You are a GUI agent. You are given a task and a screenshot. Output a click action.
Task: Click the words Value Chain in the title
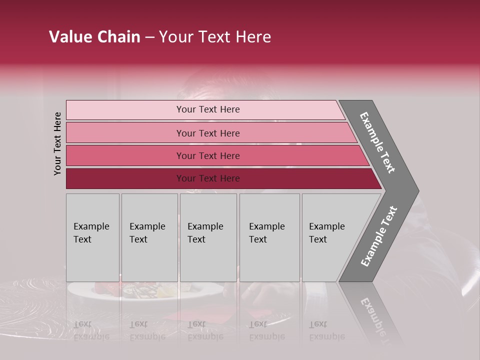pyautogui.click(x=94, y=37)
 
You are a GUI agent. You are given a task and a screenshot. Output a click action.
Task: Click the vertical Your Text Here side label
pyautogui.click(x=57, y=143)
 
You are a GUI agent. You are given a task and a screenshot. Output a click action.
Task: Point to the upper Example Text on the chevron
pyautogui.click(x=377, y=142)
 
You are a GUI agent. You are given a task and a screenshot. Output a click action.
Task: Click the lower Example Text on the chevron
pyautogui.click(x=379, y=236)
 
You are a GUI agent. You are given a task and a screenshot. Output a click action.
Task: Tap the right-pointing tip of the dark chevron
pyautogui.click(x=414, y=191)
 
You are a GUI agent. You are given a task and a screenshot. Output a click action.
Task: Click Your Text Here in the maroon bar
pyautogui.click(x=208, y=178)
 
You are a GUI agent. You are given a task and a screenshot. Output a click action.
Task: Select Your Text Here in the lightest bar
pyautogui.click(x=208, y=109)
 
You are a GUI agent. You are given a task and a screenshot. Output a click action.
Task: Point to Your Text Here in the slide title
pyautogui.click(x=215, y=37)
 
